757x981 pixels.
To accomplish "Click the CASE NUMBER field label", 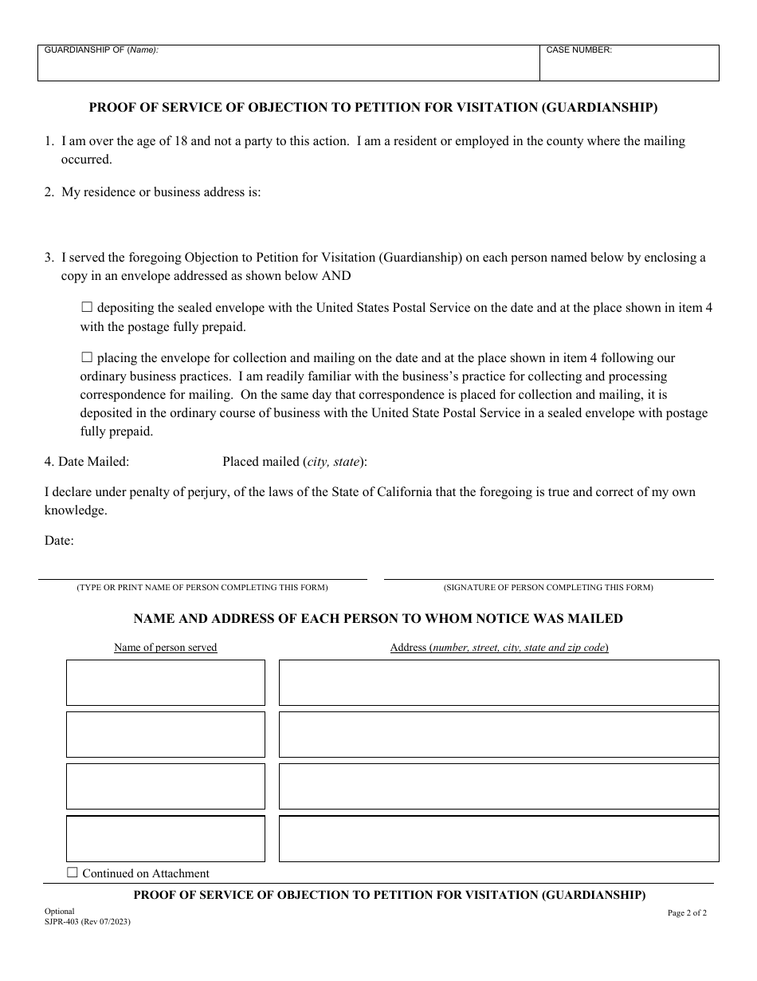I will point(579,50).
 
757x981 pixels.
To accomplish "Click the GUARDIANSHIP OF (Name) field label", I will point(101,50).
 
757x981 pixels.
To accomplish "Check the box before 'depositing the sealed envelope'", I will point(87,307).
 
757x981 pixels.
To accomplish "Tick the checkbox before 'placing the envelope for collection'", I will point(87,358).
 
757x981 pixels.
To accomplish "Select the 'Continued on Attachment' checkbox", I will point(73,873).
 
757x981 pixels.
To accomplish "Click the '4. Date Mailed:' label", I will point(87,461).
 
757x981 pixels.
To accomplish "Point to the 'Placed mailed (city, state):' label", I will point(295,461).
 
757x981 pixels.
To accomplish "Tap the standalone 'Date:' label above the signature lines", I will point(59,540).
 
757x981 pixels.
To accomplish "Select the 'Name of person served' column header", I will point(166,647).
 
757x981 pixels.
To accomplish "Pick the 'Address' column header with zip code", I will point(499,647).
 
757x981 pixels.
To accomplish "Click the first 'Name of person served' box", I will point(166,682).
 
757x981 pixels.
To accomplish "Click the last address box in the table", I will point(499,838).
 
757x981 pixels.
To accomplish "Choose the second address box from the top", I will point(499,734).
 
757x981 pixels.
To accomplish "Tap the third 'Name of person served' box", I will point(166,786).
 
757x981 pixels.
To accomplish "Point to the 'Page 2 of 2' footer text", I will point(687,913).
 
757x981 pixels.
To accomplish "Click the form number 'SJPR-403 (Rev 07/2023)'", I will point(88,921).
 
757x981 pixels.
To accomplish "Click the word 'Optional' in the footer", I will point(60,911).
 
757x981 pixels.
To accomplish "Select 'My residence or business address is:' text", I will point(161,192).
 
